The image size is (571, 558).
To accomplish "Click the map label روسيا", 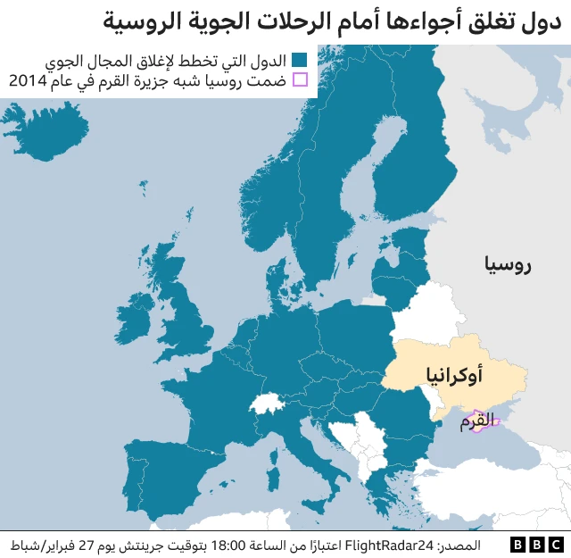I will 509,264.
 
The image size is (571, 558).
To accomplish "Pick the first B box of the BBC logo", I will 518,544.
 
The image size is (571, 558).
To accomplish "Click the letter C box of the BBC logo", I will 556,544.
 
